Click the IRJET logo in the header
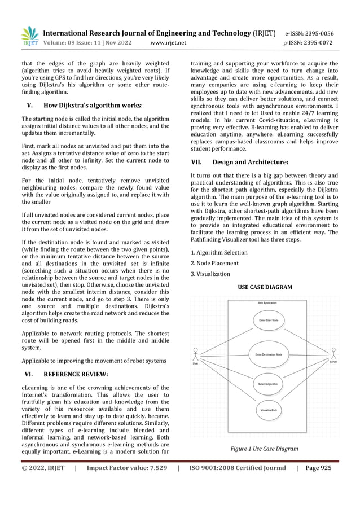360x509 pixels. pos(29,36)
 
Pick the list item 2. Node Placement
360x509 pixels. pos(214,263)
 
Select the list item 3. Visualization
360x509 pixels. pos(210,274)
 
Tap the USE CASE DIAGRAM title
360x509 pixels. pos(265,287)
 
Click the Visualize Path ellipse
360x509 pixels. pos(268,410)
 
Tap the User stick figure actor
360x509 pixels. pos(196,354)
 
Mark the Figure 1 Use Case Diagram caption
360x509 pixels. pos(265,449)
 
